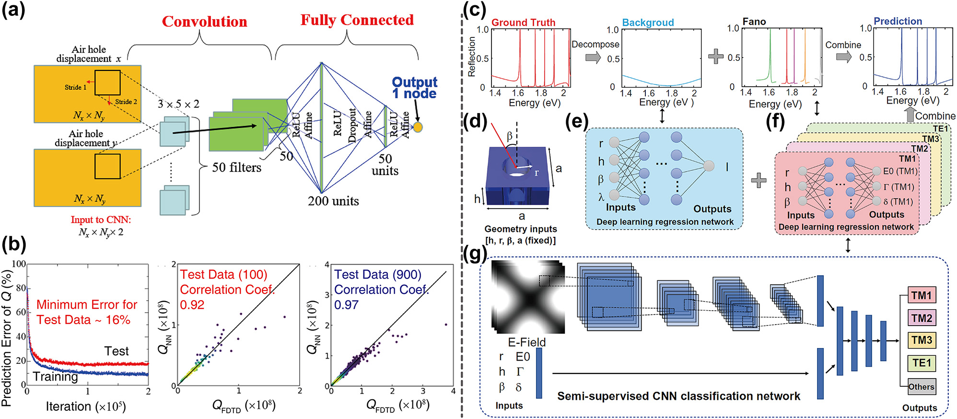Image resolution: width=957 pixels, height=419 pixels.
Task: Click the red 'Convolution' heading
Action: click(204, 22)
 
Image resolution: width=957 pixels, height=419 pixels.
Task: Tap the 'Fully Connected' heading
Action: click(357, 20)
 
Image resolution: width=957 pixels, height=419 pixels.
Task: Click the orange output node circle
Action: click(418, 127)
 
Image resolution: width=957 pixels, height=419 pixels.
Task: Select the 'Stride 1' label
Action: click(75, 87)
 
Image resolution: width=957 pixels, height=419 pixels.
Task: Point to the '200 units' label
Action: click(333, 201)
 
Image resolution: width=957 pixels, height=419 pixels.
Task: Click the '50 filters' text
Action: click(237, 167)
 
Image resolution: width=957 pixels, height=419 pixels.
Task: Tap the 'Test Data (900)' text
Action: click(377, 275)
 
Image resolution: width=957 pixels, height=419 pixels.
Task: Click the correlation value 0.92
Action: click(192, 305)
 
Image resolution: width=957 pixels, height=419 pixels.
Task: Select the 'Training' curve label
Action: click(55, 377)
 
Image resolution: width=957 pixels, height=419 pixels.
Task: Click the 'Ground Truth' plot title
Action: click(523, 23)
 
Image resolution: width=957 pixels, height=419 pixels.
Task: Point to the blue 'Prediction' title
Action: click(898, 21)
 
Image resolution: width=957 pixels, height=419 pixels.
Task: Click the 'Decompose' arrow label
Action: click(595, 44)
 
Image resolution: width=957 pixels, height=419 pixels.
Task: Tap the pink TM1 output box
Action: click(922, 295)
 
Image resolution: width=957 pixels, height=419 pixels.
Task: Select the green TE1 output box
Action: click(922, 363)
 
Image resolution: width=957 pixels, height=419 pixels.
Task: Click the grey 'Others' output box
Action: click(922, 386)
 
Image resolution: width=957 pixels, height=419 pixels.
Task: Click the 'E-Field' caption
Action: click(526, 342)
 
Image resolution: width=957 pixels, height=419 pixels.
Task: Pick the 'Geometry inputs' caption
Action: click(520, 229)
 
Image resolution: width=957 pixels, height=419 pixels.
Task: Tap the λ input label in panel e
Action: click(601, 197)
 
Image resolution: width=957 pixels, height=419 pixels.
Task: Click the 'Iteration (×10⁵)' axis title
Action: click(86, 407)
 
